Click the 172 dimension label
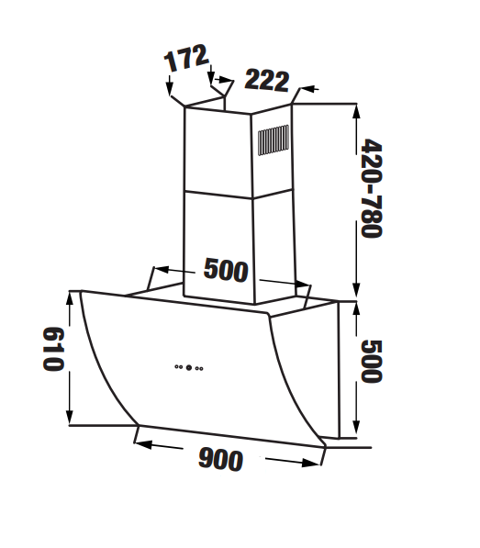(186, 58)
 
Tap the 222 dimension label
(267, 81)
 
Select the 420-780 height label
(372, 188)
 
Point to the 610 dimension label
(53, 349)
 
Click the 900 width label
(220, 460)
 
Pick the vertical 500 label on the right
(372, 362)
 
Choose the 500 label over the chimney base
(226, 270)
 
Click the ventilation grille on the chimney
(273, 140)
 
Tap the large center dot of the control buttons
(189, 368)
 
